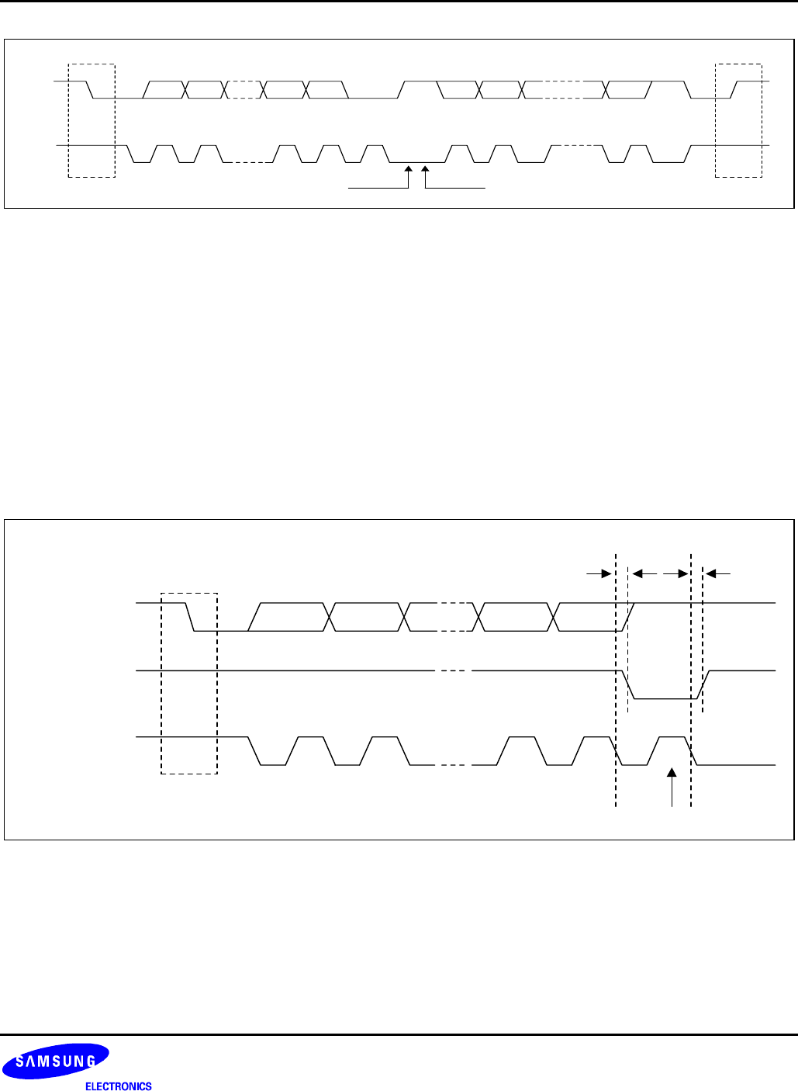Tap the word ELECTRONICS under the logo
[118, 1086]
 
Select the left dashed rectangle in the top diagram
[92, 120]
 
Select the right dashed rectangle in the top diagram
[738, 120]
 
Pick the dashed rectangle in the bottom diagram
[188, 683]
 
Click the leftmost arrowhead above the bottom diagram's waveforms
[606, 573]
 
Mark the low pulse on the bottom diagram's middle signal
[663, 698]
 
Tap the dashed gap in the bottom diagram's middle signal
[453, 670]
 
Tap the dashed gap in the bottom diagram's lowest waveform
[453, 765]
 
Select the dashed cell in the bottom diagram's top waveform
[453, 617]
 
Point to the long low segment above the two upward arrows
[417, 161]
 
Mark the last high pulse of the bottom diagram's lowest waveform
[672, 737]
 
